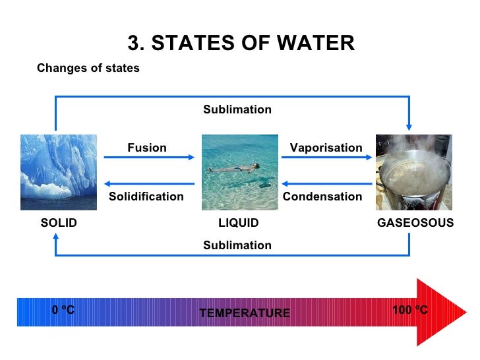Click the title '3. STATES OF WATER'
[x=241, y=44]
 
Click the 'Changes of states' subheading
[x=88, y=68]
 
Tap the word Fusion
[x=147, y=148]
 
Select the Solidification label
[x=146, y=196]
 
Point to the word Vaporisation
[x=326, y=148]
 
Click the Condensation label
[x=322, y=196]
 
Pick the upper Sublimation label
[x=237, y=109]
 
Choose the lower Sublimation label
[x=237, y=245]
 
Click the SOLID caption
[x=59, y=223]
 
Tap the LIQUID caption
[x=239, y=223]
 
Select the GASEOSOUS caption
[x=415, y=223]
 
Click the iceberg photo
[x=59, y=172]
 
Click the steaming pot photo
[x=413, y=172]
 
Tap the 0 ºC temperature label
[x=63, y=309]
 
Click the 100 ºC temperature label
[x=410, y=309]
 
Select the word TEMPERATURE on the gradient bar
[x=245, y=313]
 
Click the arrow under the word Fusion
[x=150, y=158]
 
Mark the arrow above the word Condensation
[x=326, y=184]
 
